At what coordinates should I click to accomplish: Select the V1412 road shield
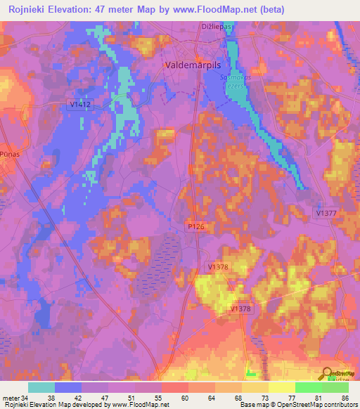tap(80, 104)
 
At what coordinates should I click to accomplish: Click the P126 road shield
tap(196, 226)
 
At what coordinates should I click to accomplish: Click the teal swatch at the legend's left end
tap(41, 387)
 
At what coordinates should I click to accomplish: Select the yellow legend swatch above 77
tap(282, 387)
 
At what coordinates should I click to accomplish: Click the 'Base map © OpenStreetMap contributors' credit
tap(298, 405)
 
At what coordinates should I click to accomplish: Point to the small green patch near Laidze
tap(251, 370)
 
